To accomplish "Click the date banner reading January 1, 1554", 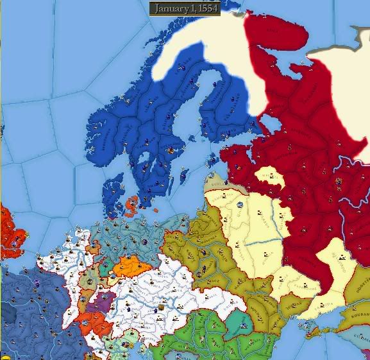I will coord(185,8).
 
